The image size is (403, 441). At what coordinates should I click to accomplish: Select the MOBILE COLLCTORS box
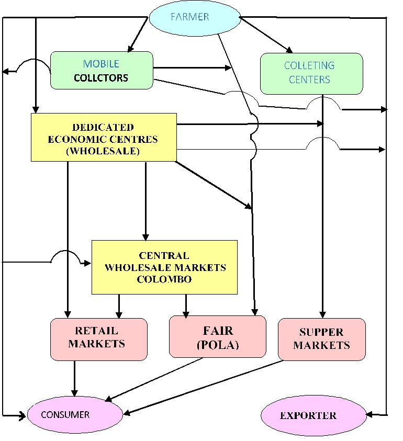[102, 70]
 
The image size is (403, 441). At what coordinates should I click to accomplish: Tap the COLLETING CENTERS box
[311, 73]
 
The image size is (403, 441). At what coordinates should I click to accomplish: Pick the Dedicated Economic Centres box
[103, 138]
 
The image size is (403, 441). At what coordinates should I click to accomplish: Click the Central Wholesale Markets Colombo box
[164, 267]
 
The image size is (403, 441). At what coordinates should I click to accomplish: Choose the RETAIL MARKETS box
[98, 338]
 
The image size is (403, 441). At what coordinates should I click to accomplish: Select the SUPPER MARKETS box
[321, 338]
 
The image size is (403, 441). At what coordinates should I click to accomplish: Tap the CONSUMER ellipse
[74, 415]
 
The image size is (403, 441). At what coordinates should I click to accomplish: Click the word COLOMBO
[164, 279]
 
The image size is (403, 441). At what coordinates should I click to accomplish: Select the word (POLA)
[218, 345]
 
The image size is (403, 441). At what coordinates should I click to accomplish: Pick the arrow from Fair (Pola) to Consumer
[154, 380]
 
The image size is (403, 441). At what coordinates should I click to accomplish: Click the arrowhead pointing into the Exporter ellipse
[370, 415]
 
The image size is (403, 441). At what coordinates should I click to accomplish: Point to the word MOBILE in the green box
[101, 64]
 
